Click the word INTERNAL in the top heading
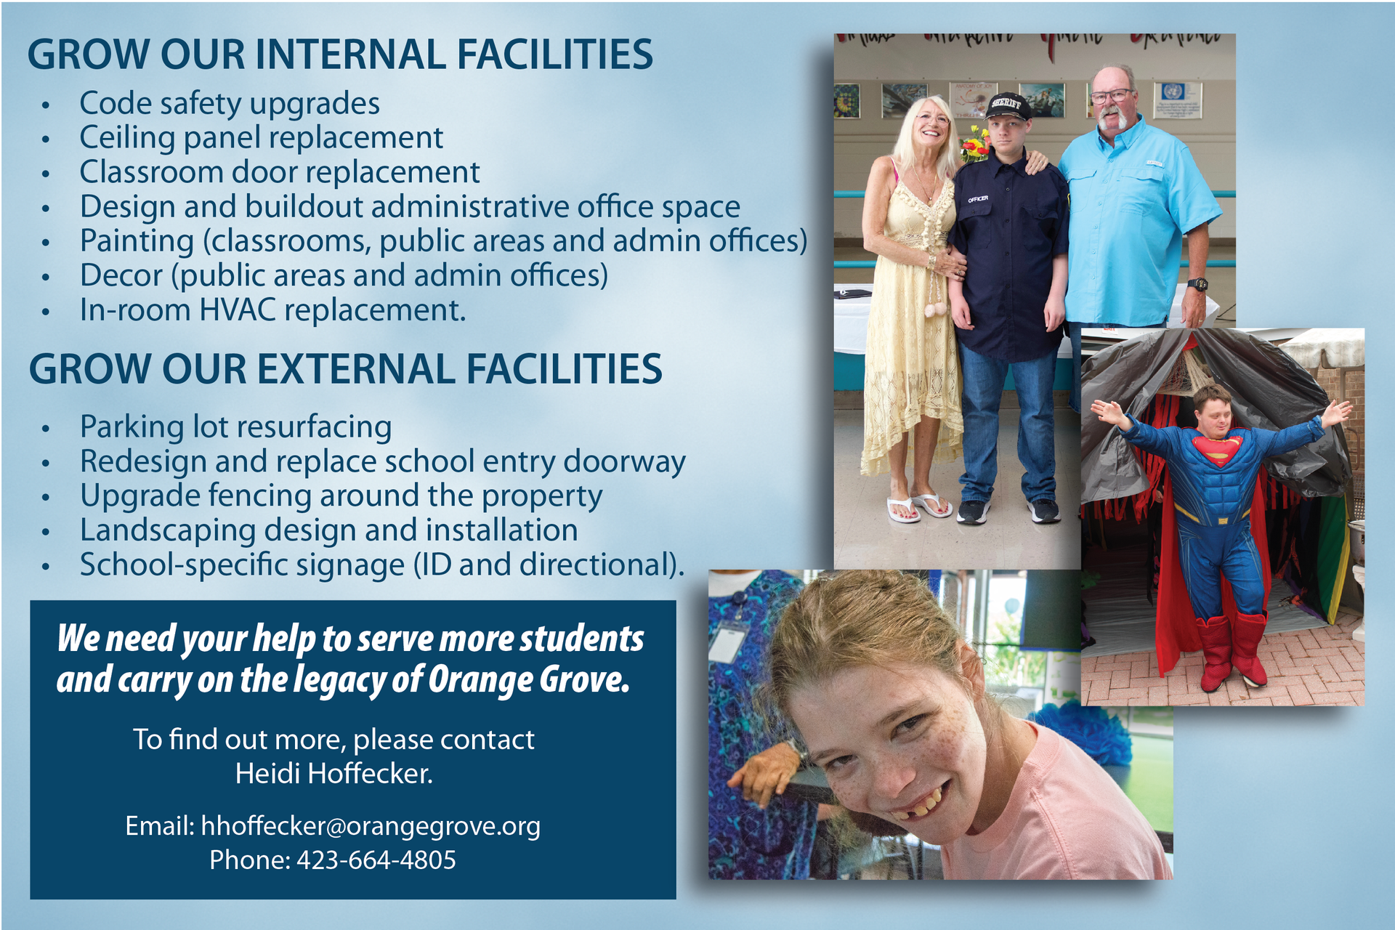pos(348,54)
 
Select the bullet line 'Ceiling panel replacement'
pos(261,137)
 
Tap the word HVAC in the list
pos(237,310)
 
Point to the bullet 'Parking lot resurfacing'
pos(235,427)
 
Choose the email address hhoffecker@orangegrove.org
pos(371,826)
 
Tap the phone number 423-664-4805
pos(376,860)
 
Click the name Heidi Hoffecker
pos(333,774)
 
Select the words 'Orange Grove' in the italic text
pos(528,680)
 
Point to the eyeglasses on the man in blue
pos(1111,96)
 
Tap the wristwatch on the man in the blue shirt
pos(1197,284)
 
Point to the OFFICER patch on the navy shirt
pos(977,198)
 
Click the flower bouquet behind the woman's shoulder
pos(975,143)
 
